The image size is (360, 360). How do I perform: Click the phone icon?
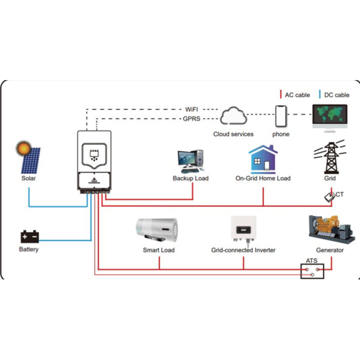281,117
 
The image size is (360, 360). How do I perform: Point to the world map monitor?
330,116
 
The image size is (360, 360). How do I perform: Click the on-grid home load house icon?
263,159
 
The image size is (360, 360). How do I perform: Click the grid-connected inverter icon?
243,230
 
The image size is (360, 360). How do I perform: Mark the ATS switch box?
311,270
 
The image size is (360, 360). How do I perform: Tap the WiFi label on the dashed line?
192,109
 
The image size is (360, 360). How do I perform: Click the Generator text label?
330,250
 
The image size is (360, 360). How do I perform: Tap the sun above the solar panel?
23,148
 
